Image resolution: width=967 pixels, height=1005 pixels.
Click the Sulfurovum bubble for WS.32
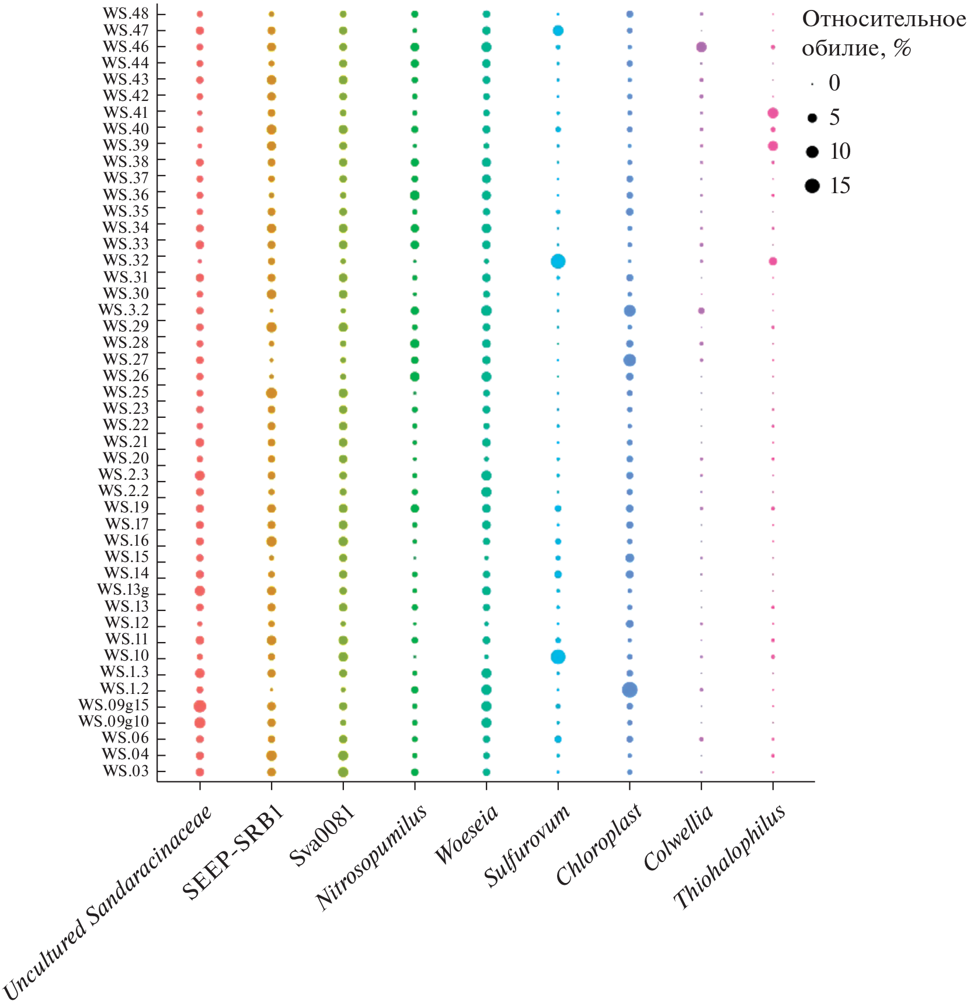click(x=558, y=261)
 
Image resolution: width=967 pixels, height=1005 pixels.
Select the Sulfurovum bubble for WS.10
click(x=558, y=657)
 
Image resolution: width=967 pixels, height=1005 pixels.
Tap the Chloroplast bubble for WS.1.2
click(x=629, y=690)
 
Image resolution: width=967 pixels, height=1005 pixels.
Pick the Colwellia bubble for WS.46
click(x=701, y=47)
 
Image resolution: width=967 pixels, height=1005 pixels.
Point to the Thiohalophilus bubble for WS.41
click(x=773, y=113)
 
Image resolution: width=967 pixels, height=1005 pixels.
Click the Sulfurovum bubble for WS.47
click(x=558, y=30)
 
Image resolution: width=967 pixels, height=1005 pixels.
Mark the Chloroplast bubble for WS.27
click(x=629, y=360)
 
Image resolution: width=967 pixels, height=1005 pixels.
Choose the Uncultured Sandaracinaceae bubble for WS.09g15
click(x=200, y=706)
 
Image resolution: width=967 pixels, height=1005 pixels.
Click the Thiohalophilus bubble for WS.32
click(x=773, y=261)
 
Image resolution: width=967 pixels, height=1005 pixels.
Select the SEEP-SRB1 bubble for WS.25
click(x=272, y=393)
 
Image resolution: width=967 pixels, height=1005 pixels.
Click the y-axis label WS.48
click(x=126, y=13)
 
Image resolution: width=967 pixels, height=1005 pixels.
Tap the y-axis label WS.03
click(x=126, y=772)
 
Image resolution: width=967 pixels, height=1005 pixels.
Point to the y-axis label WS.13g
click(x=123, y=590)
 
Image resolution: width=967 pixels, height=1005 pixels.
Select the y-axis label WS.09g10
click(x=114, y=722)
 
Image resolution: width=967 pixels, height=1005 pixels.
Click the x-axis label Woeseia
click(x=467, y=834)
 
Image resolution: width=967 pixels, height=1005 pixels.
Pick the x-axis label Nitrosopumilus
click(x=372, y=857)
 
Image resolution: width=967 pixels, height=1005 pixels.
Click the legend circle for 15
click(x=812, y=186)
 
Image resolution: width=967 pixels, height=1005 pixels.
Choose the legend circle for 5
click(x=812, y=118)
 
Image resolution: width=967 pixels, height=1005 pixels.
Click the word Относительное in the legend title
click(x=883, y=20)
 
